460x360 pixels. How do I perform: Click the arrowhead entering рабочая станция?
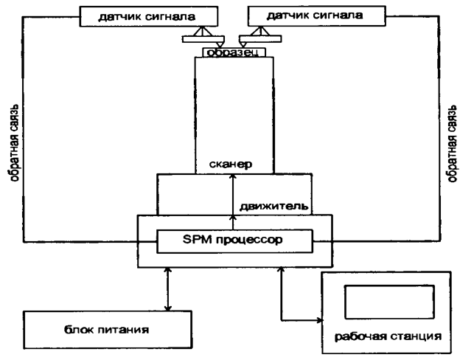point(318,320)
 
